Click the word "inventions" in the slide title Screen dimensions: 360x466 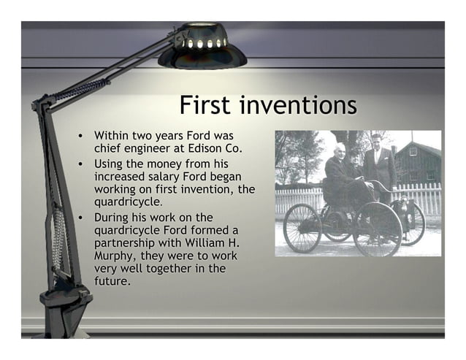tap(299, 105)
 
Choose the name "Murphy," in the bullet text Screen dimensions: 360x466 tap(115, 256)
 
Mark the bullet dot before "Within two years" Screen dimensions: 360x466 tap(83, 137)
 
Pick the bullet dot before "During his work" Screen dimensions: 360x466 tap(83, 218)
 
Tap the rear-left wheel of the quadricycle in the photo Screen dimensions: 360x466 tap(302, 228)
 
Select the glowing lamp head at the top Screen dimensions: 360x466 tap(202, 48)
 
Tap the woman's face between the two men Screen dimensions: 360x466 tap(356, 157)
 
